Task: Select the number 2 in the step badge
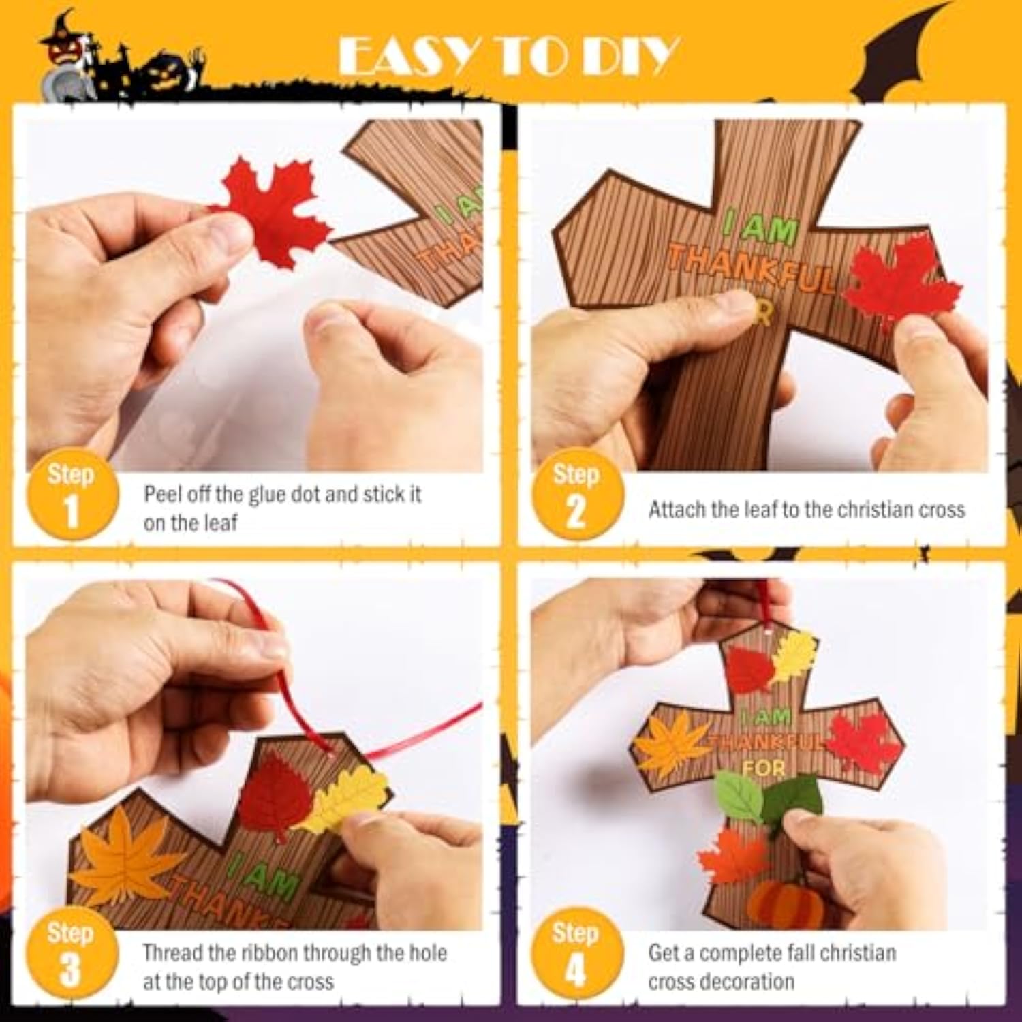pyautogui.click(x=576, y=512)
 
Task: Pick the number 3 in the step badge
pyautogui.click(x=70, y=971)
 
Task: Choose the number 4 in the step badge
pyautogui.click(x=576, y=971)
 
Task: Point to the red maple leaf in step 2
pyautogui.click(x=893, y=283)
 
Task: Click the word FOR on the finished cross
pyautogui.click(x=764, y=769)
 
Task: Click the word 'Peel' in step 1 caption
pyautogui.click(x=161, y=494)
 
